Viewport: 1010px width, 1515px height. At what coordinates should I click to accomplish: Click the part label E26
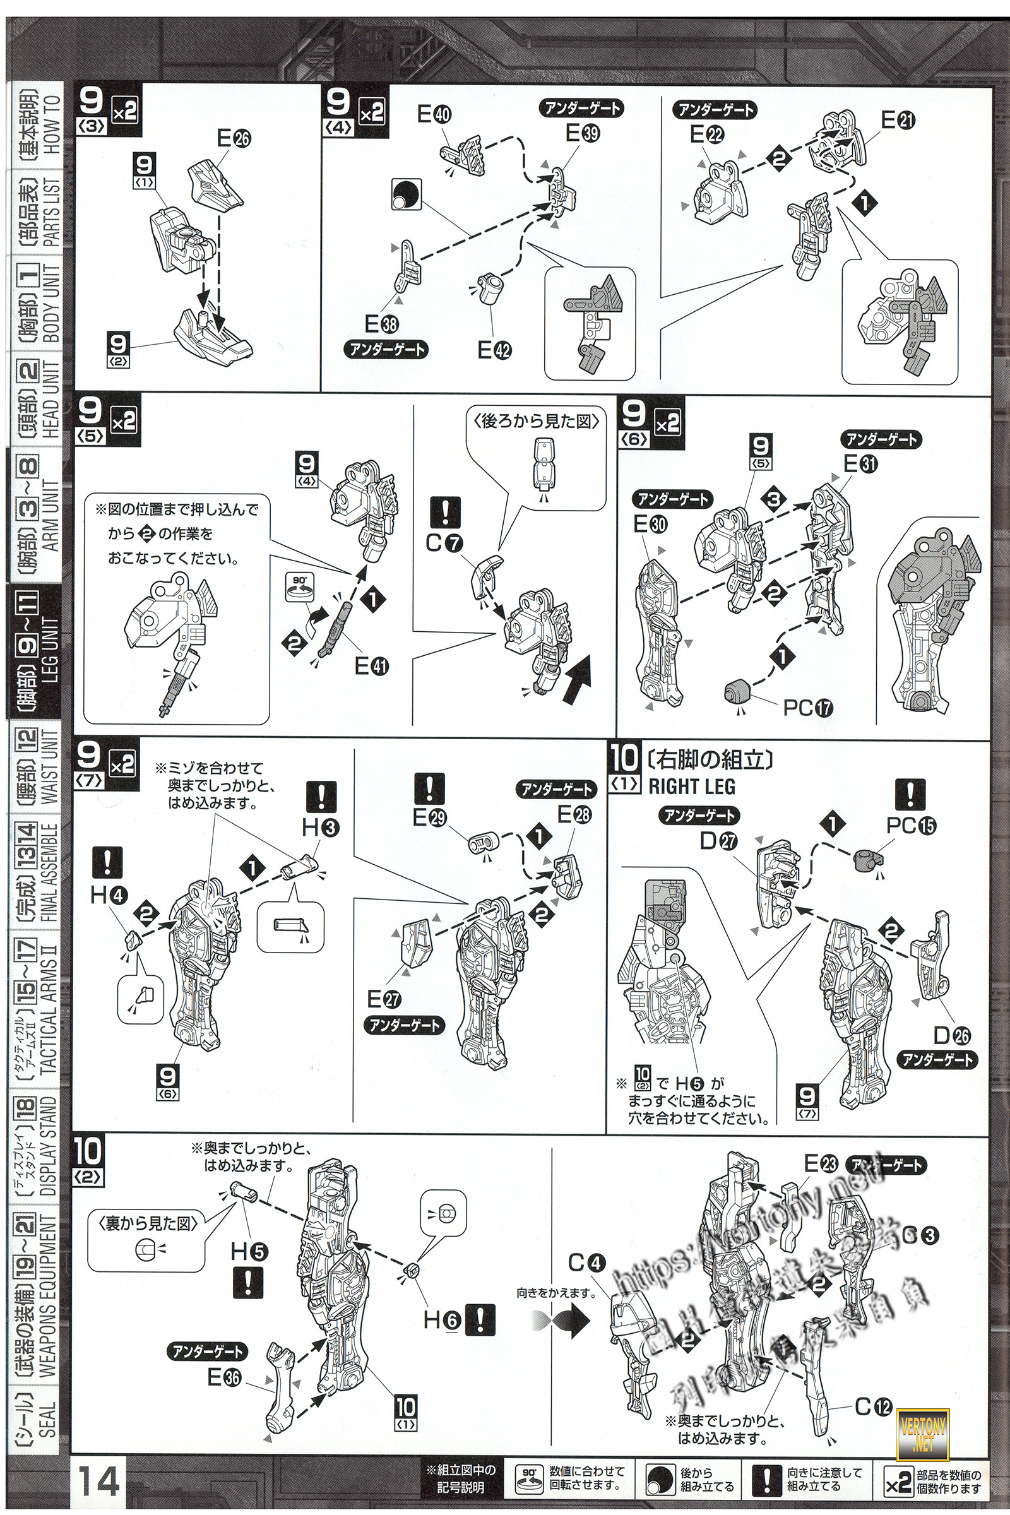tap(234, 138)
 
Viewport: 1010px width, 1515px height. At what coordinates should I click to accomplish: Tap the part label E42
tap(494, 350)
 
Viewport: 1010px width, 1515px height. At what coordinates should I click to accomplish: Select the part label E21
tap(898, 121)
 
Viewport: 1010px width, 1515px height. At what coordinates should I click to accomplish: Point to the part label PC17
tap(808, 708)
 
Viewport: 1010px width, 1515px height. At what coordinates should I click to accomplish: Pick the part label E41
tap(372, 666)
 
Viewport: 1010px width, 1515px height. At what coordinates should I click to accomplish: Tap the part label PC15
tap(911, 826)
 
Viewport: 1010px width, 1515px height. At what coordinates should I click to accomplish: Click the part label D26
tap(952, 1036)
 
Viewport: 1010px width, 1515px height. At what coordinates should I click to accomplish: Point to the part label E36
tap(224, 1378)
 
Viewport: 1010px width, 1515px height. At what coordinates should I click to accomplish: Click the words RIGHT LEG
tap(691, 787)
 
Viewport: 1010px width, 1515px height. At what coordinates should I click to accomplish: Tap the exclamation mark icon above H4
tap(107, 862)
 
